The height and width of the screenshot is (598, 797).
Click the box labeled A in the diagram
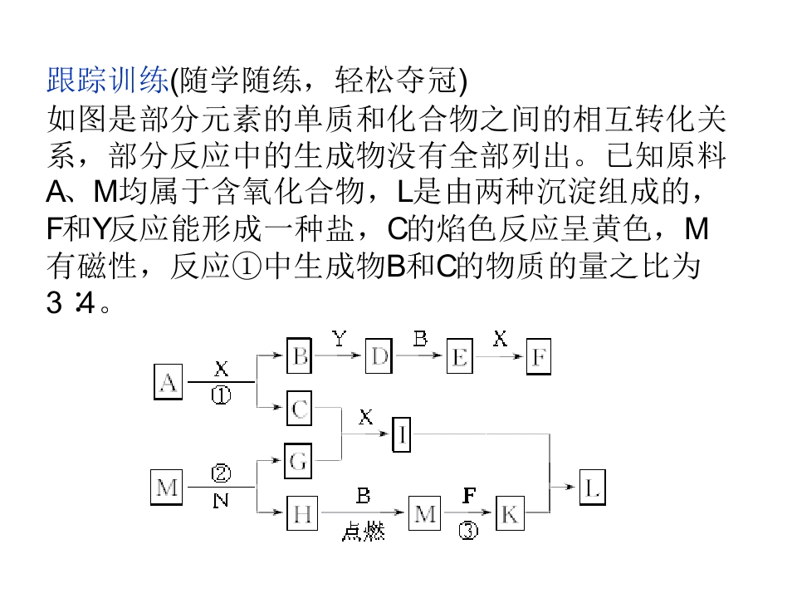coord(169,382)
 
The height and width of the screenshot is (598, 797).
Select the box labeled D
coord(379,356)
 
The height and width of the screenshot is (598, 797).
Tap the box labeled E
coord(459,356)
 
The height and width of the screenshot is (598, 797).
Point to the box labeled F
coord(539,356)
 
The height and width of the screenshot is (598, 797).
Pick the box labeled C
coord(300,408)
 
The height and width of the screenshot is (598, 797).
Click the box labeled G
coord(298,461)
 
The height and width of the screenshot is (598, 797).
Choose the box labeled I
coord(402,434)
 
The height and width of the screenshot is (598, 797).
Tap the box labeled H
coord(302,513)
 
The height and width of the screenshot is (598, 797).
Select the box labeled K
coord(510,513)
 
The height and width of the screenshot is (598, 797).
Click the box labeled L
coord(593,488)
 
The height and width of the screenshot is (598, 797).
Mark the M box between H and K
coord(425,513)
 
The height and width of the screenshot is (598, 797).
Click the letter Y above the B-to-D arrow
coord(340,338)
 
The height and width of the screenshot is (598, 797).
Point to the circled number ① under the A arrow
coord(221,395)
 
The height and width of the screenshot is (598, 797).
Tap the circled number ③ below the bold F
coord(468,531)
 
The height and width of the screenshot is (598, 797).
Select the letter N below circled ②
coord(221,501)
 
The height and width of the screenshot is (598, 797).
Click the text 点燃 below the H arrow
coord(363,532)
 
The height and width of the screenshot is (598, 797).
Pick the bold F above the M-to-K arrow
coord(469,495)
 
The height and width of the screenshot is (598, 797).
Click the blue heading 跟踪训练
coord(108,80)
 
